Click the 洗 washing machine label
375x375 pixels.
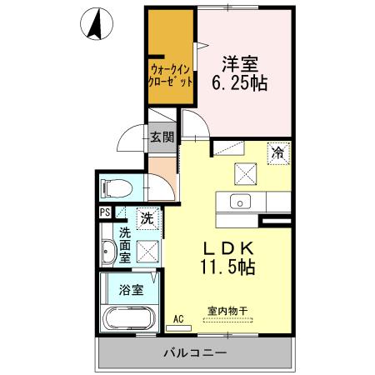146,219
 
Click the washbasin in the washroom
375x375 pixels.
108,252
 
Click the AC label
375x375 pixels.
178,318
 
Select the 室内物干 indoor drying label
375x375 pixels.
227,311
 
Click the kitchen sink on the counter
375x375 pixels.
239,202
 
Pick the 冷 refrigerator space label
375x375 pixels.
279,152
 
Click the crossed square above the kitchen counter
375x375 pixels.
245,172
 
